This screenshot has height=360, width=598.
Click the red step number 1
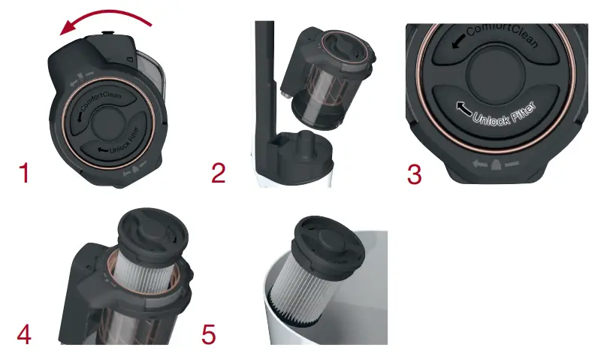coord(24,174)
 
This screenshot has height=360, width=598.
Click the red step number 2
coord(218,174)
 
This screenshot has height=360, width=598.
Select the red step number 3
coord(414,174)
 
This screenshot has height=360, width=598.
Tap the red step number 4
coord(24,334)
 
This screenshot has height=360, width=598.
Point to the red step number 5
coord(209,334)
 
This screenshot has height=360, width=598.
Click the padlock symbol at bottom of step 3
coord(495,163)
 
